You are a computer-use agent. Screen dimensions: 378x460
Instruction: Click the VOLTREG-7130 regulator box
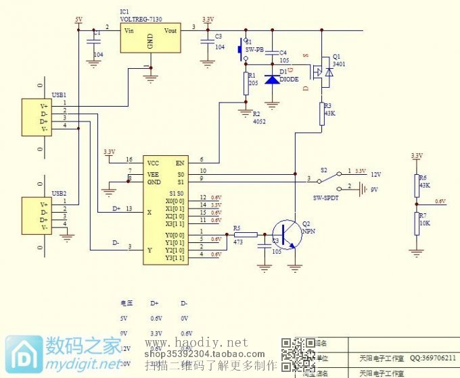(x=150, y=38)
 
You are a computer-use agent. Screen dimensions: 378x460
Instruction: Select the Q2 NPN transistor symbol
(x=287, y=236)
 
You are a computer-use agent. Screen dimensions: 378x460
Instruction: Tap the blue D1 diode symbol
(x=272, y=80)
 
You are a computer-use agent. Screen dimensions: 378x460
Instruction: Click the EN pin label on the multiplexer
(x=179, y=163)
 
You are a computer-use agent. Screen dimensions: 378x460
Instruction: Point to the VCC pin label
(x=154, y=163)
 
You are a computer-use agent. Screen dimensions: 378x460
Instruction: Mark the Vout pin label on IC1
(x=170, y=30)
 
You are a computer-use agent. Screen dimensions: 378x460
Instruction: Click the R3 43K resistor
(x=322, y=114)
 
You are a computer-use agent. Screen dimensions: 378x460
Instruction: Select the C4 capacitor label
(x=283, y=52)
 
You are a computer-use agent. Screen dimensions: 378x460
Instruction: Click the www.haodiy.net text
(x=196, y=343)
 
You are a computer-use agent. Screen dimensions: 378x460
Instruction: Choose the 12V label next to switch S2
(x=376, y=174)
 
